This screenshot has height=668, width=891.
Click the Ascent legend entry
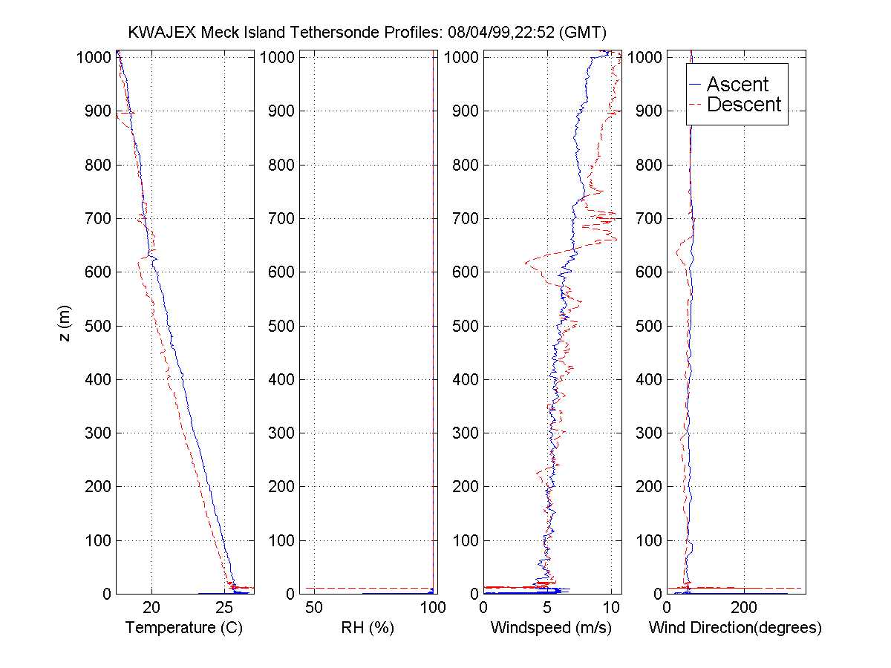tap(737, 85)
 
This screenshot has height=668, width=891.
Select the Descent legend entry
tap(744, 105)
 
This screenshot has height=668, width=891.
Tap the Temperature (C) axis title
tap(184, 628)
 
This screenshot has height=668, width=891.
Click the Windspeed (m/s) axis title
tap(551, 628)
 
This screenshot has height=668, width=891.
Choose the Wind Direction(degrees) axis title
tap(735, 628)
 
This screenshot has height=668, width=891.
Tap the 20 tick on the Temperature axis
tap(152, 608)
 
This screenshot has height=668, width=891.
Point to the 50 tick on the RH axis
tap(314, 608)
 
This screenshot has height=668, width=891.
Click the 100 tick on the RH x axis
tap(432, 608)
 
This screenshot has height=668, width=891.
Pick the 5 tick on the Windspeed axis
tap(548, 608)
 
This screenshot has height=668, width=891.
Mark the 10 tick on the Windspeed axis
tap(610, 608)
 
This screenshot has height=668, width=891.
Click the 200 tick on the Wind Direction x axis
tap(744, 608)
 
